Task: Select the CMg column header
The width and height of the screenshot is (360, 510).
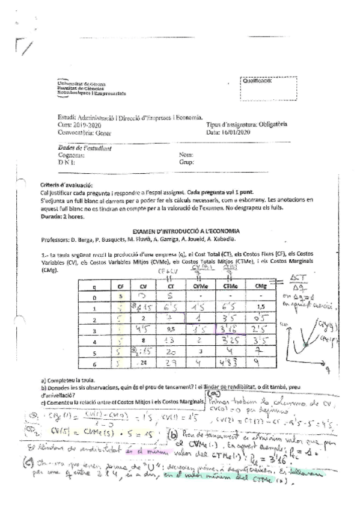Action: click(260, 287)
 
